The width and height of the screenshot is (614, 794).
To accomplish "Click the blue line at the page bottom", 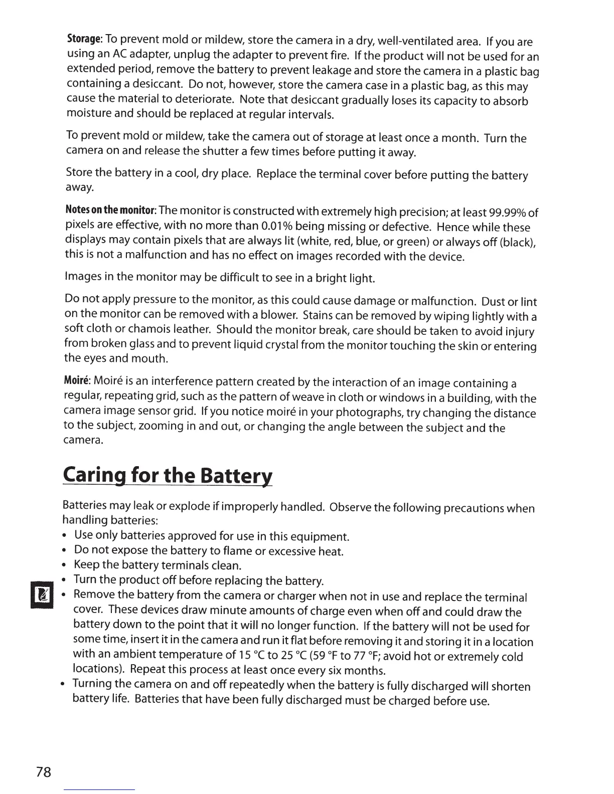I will tap(100, 789).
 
